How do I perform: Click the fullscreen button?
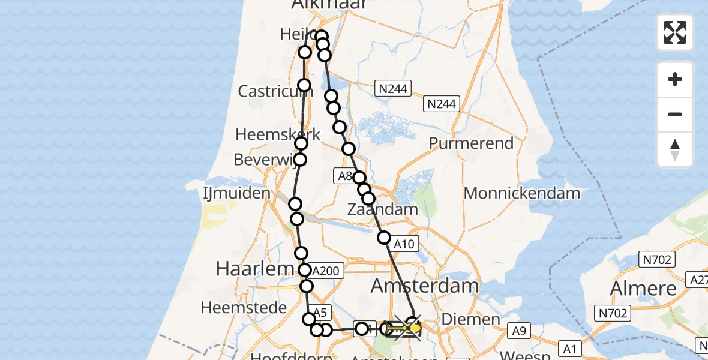675,32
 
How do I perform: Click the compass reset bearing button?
675,149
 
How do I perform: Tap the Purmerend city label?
472,143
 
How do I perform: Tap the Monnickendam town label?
522,193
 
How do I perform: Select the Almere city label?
643,289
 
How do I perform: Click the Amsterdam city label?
425,286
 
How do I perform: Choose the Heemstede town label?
244,308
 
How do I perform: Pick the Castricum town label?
275,91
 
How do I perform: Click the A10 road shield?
404,243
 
